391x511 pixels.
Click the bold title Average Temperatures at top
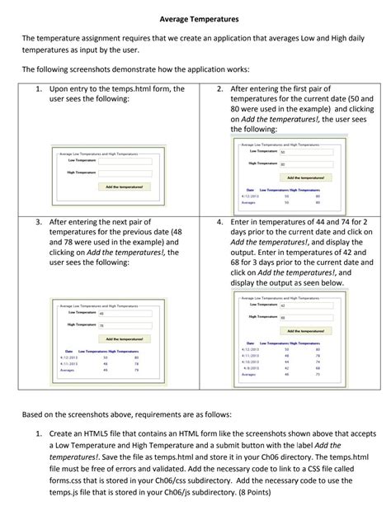(x=195, y=17)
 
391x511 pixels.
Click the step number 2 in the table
(x=219, y=88)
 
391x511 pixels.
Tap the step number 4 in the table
(x=219, y=222)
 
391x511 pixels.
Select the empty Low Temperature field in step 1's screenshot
(x=124, y=161)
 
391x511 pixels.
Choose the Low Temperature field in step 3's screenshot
(x=124, y=314)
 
